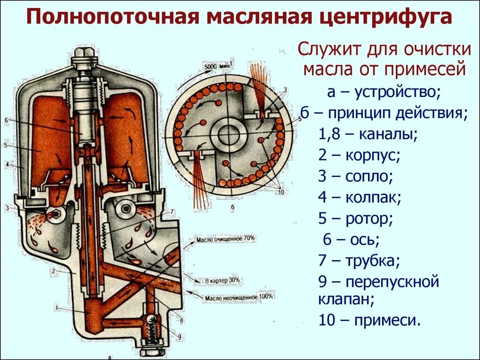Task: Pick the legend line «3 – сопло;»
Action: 355,177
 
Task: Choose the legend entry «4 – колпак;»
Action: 360,197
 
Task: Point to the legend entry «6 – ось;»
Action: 351,240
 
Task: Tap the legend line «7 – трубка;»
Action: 359,261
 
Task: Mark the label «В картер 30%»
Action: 222,280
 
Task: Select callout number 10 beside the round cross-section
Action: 281,192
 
